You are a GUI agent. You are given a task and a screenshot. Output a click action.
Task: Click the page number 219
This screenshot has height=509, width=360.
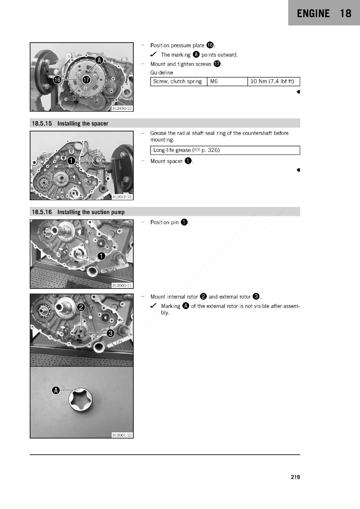(x=295, y=477)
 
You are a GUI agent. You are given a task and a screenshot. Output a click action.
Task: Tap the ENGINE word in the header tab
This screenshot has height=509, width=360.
(x=313, y=13)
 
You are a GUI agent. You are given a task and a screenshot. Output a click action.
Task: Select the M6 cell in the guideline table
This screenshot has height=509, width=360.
(x=227, y=81)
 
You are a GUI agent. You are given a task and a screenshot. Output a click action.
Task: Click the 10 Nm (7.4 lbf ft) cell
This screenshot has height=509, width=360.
(x=274, y=81)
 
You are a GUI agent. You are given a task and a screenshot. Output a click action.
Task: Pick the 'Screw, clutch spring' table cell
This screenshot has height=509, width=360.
(x=179, y=81)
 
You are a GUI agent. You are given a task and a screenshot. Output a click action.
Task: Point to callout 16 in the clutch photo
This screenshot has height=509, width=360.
(x=57, y=80)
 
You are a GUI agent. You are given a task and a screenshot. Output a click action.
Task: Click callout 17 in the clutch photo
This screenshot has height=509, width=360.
(x=86, y=80)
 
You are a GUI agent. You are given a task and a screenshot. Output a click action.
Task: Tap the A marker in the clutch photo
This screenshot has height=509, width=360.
(x=99, y=60)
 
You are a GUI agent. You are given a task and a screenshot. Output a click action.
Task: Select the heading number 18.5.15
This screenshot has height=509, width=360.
(x=42, y=124)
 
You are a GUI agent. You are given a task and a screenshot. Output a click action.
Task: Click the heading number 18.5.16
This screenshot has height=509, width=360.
(x=42, y=212)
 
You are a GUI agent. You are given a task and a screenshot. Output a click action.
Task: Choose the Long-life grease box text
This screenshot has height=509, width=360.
(x=187, y=150)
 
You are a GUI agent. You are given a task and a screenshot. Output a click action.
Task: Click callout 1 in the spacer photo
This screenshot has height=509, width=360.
(x=71, y=161)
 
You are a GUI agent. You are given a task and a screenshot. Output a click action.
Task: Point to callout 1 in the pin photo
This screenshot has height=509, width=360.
(x=101, y=256)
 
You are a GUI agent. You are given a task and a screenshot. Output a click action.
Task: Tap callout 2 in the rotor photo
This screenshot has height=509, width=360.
(x=81, y=307)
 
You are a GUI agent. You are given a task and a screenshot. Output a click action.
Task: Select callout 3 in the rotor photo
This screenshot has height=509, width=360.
(x=110, y=333)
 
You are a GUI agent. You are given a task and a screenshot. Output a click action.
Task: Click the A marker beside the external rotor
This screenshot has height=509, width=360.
(x=56, y=390)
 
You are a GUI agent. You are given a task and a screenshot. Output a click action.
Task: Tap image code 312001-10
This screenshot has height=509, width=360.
(x=122, y=435)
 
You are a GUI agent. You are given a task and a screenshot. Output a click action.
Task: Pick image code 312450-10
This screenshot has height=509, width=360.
(x=122, y=108)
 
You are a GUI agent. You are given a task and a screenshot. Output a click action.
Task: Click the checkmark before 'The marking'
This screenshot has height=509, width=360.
(x=153, y=54)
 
